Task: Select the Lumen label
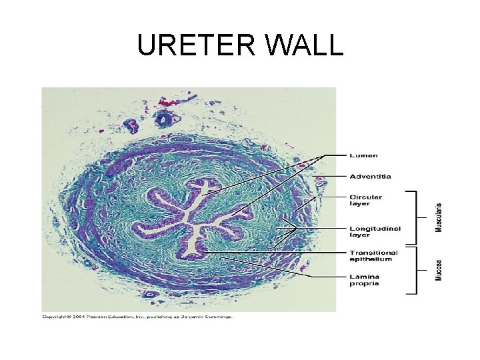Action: (x=364, y=155)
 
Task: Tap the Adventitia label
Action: (x=371, y=177)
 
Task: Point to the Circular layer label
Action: (x=366, y=200)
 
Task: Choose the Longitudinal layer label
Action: (x=375, y=231)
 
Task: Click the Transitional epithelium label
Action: (x=373, y=256)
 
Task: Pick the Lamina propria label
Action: (x=365, y=279)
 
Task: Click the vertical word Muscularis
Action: (x=439, y=217)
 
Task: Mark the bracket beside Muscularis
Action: (x=414, y=217)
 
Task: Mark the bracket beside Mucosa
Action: (x=414, y=270)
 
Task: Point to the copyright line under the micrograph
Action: (x=137, y=317)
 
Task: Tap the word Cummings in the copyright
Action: (x=217, y=317)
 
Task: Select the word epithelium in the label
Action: (x=369, y=260)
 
